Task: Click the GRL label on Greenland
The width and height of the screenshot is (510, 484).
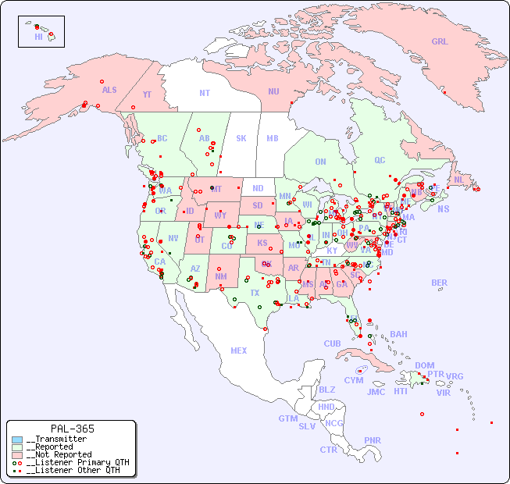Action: point(440,41)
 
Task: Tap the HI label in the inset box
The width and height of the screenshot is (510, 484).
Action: point(38,37)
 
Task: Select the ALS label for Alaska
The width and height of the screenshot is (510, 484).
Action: point(109,90)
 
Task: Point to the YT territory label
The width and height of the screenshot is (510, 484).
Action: point(147,94)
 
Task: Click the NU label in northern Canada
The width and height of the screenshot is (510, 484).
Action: point(273,91)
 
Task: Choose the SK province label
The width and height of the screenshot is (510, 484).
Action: point(241,138)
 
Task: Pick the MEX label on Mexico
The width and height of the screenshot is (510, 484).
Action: point(239,351)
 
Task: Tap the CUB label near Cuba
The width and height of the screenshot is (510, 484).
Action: point(332,343)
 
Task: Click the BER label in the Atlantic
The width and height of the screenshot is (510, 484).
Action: point(440,283)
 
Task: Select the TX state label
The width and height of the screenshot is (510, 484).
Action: point(255,293)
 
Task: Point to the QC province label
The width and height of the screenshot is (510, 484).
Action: point(380,160)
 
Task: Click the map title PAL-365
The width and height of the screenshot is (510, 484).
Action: point(72,429)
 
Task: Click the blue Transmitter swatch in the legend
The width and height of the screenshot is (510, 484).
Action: point(17,440)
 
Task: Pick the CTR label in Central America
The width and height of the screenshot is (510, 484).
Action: point(328,450)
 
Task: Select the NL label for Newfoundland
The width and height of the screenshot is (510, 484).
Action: point(459,180)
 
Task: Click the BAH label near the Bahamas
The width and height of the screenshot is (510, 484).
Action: point(398,334)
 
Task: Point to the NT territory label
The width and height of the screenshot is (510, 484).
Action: point(205,93)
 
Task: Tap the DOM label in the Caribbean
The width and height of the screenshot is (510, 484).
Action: point(424,365)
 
